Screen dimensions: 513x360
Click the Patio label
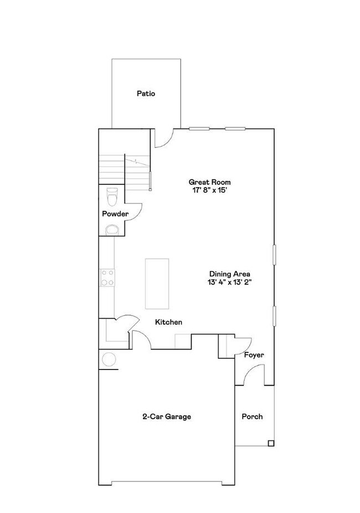[146, 94]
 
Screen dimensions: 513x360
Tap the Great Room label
[209, 182]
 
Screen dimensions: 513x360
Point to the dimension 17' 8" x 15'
[209, 190]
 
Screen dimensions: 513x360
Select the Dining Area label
[230, 274]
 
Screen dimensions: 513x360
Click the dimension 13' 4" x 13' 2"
[230, 282]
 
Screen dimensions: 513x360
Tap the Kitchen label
[168, 322]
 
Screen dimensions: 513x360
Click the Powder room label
[115, 214]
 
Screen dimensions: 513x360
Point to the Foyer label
[254, 355]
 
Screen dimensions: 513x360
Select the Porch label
[252, 417]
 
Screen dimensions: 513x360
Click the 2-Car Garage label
[167, 417]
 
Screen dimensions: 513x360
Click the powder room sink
[112, 229]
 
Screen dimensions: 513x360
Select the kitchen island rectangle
[157, 283]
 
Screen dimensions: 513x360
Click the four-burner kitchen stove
[107, 277]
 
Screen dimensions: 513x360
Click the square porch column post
[270, 443]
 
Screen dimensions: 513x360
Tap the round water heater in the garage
[109, 359]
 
